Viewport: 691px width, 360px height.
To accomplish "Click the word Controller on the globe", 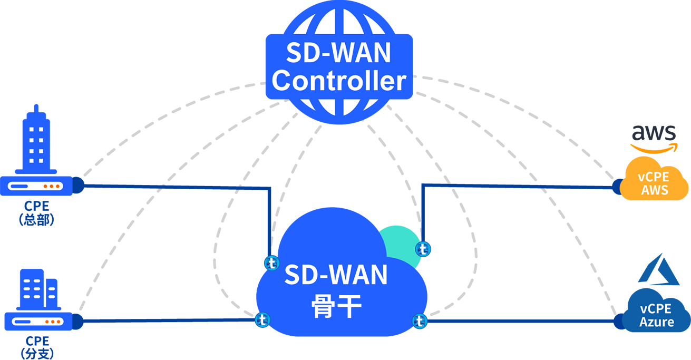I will [x=339, y=81].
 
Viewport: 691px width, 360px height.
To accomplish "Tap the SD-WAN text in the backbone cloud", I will [x=336, y=275].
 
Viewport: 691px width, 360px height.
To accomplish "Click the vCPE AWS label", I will [x=655, y=184].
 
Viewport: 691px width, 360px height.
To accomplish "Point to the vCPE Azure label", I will [x=656, y=315].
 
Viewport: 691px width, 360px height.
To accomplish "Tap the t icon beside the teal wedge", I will [x=423, y=249].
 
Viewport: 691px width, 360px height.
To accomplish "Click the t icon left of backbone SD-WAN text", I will [x=271, y=262].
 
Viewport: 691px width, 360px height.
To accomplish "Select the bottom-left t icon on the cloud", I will [x=262, y=319].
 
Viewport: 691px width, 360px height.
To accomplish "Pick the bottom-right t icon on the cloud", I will [x=419, y=320].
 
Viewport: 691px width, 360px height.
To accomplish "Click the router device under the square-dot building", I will [x=36, y=186].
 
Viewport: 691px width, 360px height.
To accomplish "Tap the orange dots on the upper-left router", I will [x=51, y=186].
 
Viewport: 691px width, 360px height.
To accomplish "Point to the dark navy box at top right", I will [x=646, y=63].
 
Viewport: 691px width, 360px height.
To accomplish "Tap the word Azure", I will [x=657, y=322].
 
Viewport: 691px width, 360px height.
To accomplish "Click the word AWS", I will [x=655, y=190].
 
